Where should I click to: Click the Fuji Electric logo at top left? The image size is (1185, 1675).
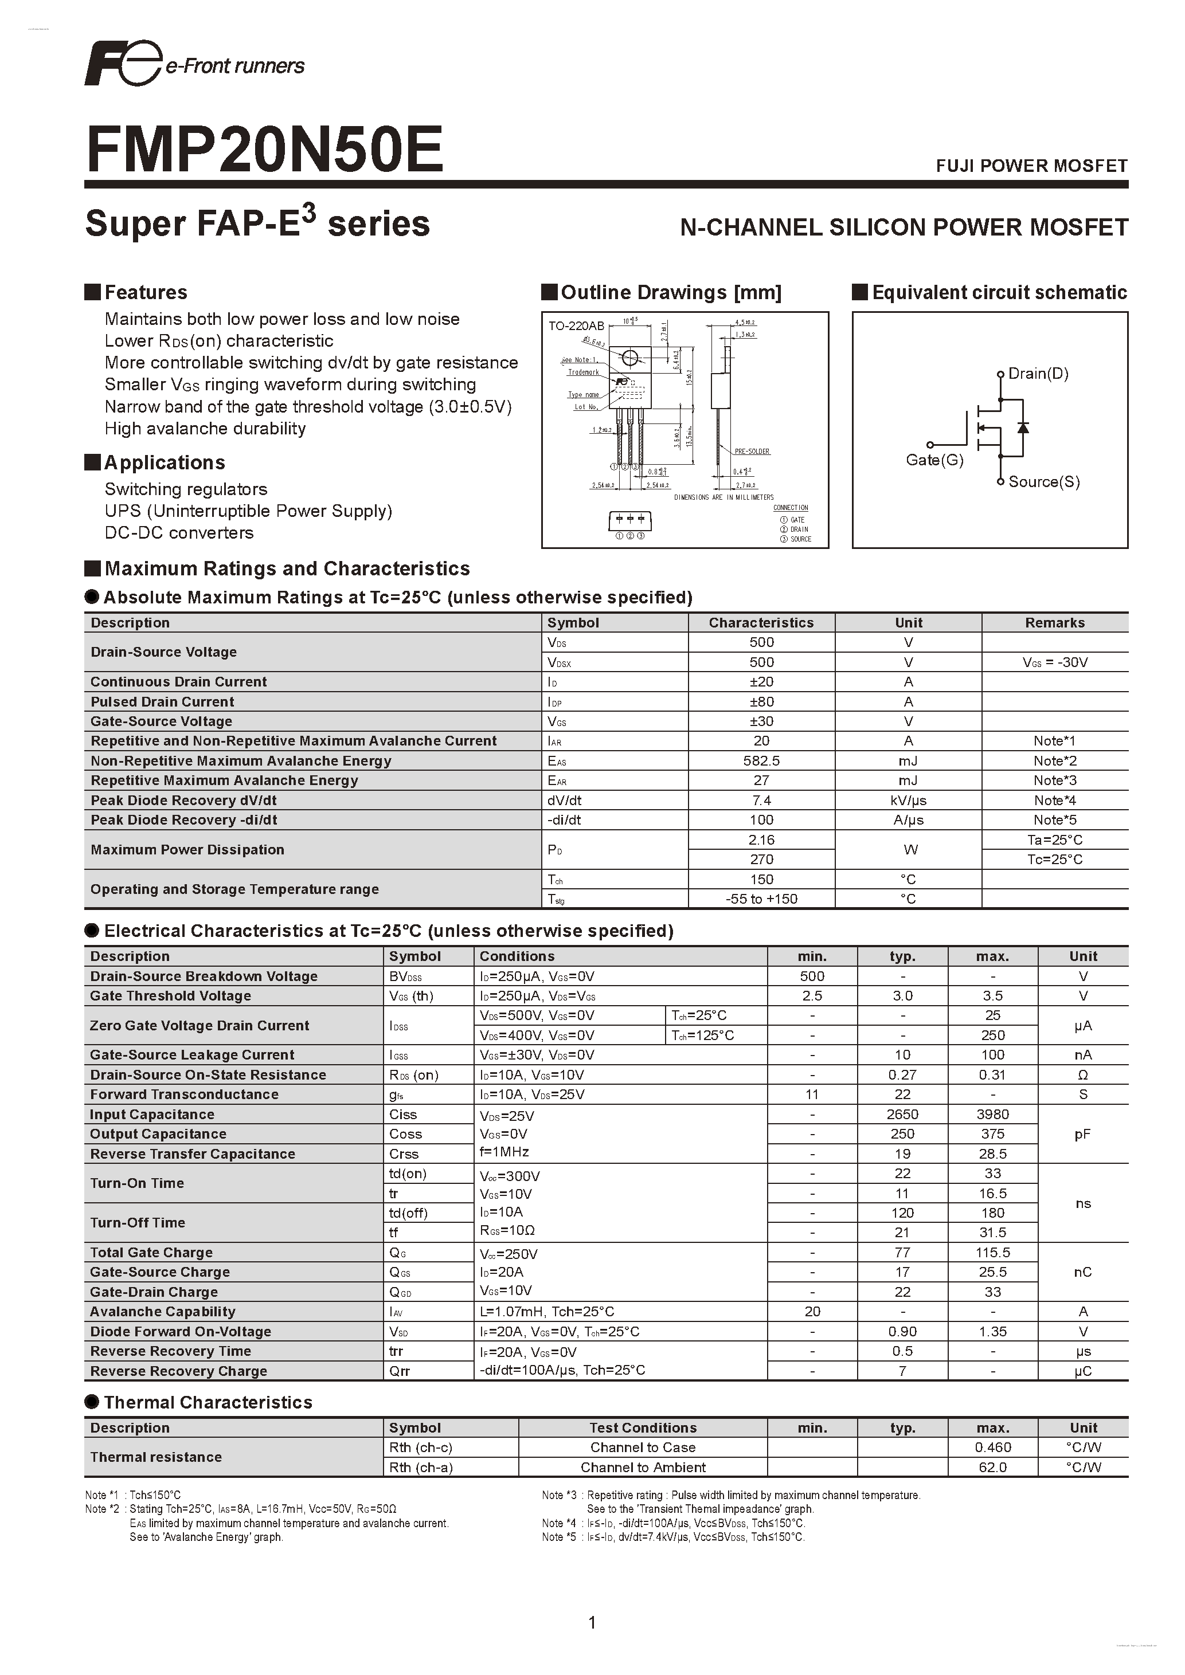click(123, 64)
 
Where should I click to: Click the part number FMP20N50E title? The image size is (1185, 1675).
click(264, 150)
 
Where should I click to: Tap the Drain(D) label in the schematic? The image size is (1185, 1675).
click(1038, 374)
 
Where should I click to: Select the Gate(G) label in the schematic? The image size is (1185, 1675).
click(934, 460)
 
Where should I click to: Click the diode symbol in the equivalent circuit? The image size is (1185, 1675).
click(1023, 427)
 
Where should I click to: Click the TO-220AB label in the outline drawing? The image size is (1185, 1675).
click(576, 326)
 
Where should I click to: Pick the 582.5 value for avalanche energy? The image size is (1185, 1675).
click(761, 761)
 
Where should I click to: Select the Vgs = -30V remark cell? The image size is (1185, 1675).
click(1054, 662)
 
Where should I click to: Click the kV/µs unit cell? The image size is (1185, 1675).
click(909, 801)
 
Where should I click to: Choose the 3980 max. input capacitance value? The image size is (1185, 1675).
click(992, 1114)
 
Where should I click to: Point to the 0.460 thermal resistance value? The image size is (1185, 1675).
click(992, 1448)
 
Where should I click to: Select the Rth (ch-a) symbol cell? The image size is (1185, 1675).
click(420, 1467)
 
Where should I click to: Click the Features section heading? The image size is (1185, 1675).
click(145, 293)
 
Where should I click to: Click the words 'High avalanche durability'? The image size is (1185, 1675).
click(205, 429)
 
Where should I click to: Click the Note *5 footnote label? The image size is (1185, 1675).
click(558, 1537)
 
